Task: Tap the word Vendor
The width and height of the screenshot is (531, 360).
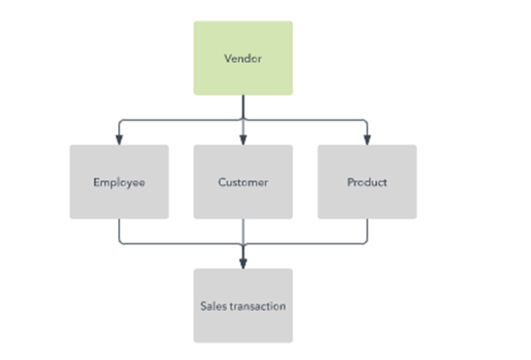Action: [243, 59]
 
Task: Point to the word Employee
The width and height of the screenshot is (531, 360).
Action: [119, 182]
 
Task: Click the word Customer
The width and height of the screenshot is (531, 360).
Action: [243, 182]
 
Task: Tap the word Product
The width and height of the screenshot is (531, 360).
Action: [366, 182]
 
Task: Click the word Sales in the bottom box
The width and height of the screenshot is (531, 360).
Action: [213, 306]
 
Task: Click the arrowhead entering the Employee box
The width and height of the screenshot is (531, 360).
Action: [119, 140]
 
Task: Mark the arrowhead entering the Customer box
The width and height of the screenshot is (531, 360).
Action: [243, 140]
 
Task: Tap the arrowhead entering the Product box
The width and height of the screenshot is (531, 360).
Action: [366, 140]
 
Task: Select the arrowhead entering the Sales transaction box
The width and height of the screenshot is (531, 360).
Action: [243, 263]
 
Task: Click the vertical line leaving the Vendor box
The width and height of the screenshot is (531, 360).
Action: [243, 107]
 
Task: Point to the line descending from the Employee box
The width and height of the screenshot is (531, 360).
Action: [119, 231]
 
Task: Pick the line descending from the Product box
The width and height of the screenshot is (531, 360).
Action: [366, 231]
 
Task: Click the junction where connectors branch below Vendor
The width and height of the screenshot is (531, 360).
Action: [243, 120]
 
